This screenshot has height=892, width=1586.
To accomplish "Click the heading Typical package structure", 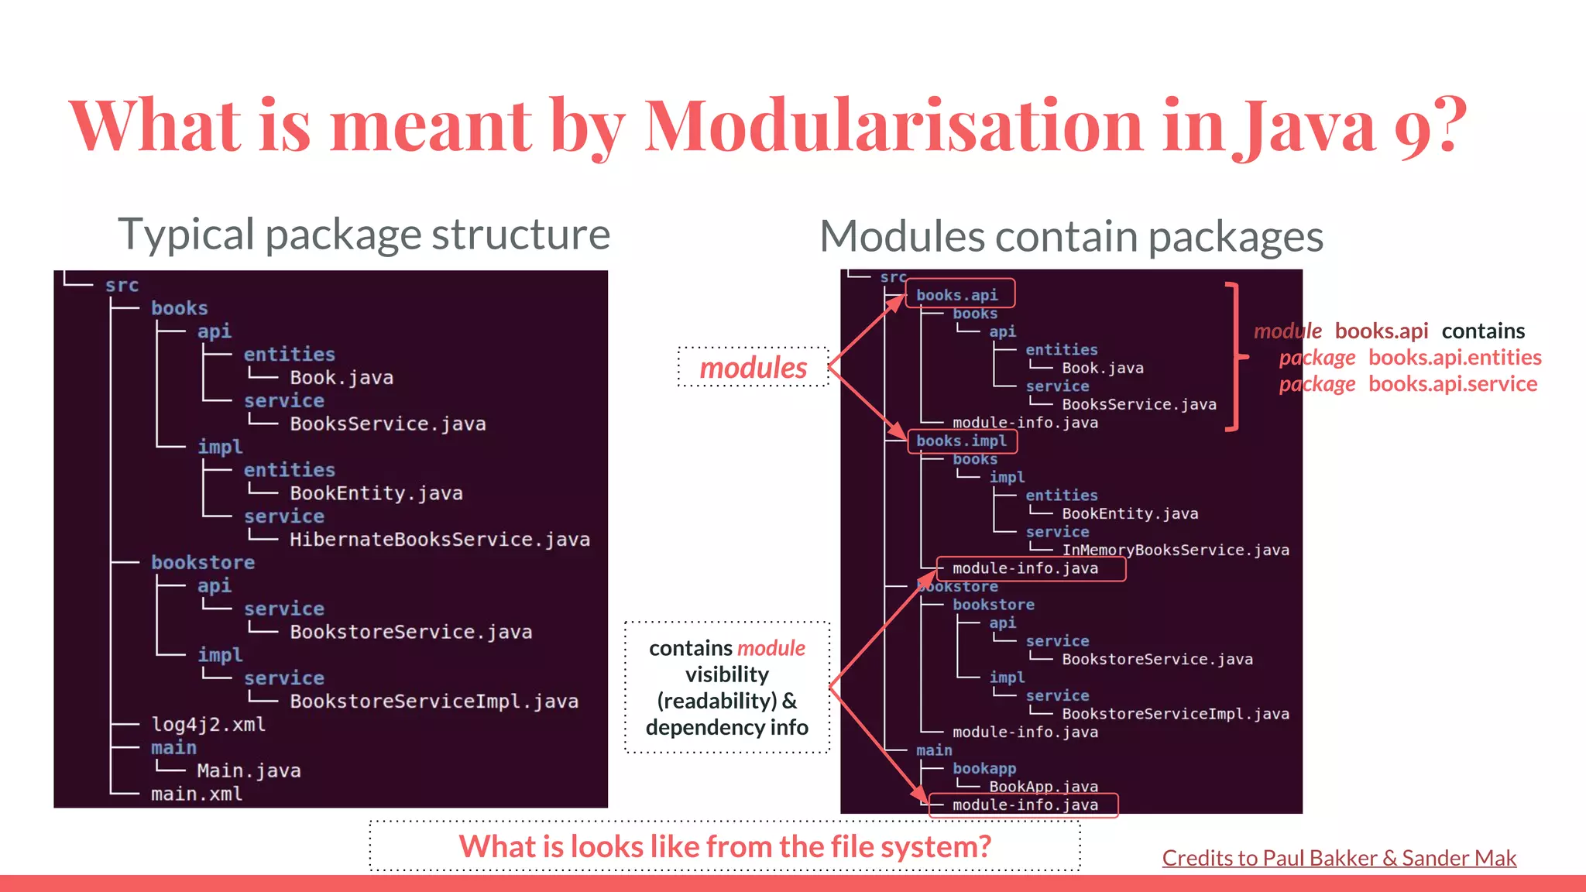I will (363, 235).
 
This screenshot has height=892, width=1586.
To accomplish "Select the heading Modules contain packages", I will (1071, 237).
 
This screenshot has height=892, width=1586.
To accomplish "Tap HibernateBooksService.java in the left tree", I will (439, 540).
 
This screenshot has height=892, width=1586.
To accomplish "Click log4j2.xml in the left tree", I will (208, 725).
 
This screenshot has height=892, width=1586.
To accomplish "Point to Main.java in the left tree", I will (249, 771).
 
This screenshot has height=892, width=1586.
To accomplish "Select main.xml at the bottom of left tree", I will (196, 794).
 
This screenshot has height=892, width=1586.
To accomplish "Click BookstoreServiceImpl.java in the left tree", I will (434, 702).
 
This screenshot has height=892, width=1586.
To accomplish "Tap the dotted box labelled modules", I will (753, 368).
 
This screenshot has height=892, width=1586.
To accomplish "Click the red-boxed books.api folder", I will (958, 295).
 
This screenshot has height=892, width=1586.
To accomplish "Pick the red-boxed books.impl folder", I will (961, 441).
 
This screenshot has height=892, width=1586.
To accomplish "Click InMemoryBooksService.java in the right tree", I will (1175, 551).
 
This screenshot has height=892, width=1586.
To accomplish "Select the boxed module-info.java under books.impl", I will (1025, 568).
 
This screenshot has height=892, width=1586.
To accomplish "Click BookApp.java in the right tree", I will (1042, 787).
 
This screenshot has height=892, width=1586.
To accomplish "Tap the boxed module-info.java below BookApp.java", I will (1025, 805).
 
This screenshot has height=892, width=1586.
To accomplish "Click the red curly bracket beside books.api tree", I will (1237, 357).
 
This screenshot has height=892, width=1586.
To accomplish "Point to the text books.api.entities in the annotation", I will (1454, 358).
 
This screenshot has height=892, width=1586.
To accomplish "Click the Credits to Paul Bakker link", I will (1338, 858).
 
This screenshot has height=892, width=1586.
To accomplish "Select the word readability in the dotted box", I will (717, 702).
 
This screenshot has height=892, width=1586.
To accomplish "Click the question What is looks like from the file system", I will (724, 846).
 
